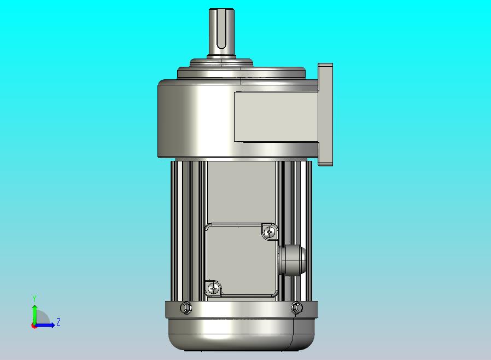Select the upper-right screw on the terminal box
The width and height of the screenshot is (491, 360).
[x=270, y=232]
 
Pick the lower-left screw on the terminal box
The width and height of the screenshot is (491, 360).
[x=213, y=288]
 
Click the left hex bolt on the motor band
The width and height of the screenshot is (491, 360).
[x=186, y=307]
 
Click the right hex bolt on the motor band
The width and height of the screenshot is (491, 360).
[x=297, y=307]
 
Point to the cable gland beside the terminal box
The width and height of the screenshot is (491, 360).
[x=292, y=259]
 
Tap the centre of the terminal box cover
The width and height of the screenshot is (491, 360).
[x=241, y=260]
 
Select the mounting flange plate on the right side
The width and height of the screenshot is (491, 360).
[x=325, y=114]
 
